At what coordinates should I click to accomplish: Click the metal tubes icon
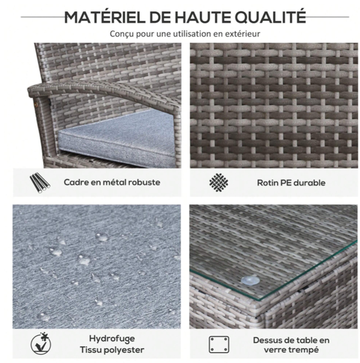pos(40,182)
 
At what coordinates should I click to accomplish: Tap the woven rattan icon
pos(218,182)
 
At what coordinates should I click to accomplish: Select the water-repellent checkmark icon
pos(41,344)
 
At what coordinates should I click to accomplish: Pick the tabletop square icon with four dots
pos(219,344)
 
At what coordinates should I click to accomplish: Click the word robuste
pos(144,182)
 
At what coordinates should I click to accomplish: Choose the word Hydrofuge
pos(112,339)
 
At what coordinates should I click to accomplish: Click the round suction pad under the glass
pos(250,280)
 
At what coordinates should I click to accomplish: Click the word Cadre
pos(73,182)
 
